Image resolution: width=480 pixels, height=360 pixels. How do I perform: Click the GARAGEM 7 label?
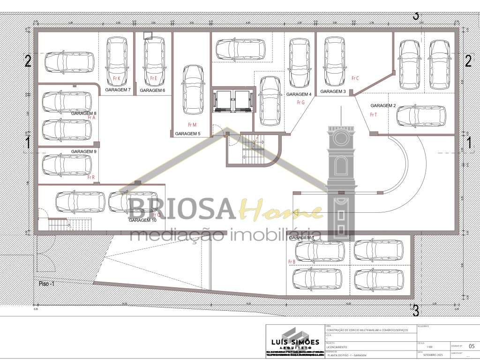(x=118, y=90)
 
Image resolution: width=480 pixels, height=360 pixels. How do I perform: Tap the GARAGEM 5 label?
(x=187, y=134)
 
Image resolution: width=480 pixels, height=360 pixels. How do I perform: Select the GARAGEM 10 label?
(x=142, y=220)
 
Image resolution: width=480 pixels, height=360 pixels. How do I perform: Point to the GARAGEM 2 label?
(x=383, y=105)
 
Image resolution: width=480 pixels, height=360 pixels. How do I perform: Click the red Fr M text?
(x=192, y=125)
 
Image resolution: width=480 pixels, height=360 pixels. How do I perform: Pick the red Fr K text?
(x=117, y=78)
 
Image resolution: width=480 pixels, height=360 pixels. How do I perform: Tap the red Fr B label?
(x=292, y=262)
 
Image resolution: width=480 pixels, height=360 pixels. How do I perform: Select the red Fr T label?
(x=373, y=114)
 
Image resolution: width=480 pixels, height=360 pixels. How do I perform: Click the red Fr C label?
(x=354, y=78)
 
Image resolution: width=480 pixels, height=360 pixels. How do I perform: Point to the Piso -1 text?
(x=47, y=284)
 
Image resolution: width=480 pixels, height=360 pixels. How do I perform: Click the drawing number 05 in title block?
(x=472, y=346)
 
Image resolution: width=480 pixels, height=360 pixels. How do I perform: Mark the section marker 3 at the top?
(x=415, y=15)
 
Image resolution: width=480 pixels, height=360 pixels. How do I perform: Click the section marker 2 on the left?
(x=28, y=61)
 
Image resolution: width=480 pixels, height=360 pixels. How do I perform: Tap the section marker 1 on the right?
(x=468, y=142)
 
